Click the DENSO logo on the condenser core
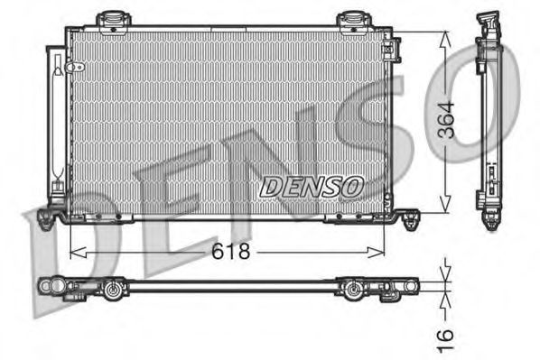pyautogui.click(x=312, y=186)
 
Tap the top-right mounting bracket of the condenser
pyautogui.click(x=350, y=19)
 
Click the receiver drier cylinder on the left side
pyautogui.click(x=58, y=117)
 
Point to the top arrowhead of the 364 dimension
pyautogui.click(x=444, y=36)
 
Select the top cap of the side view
pyautogui.click(x=489, y=20)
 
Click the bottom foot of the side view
pyautogui.click(x=491, y=219)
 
